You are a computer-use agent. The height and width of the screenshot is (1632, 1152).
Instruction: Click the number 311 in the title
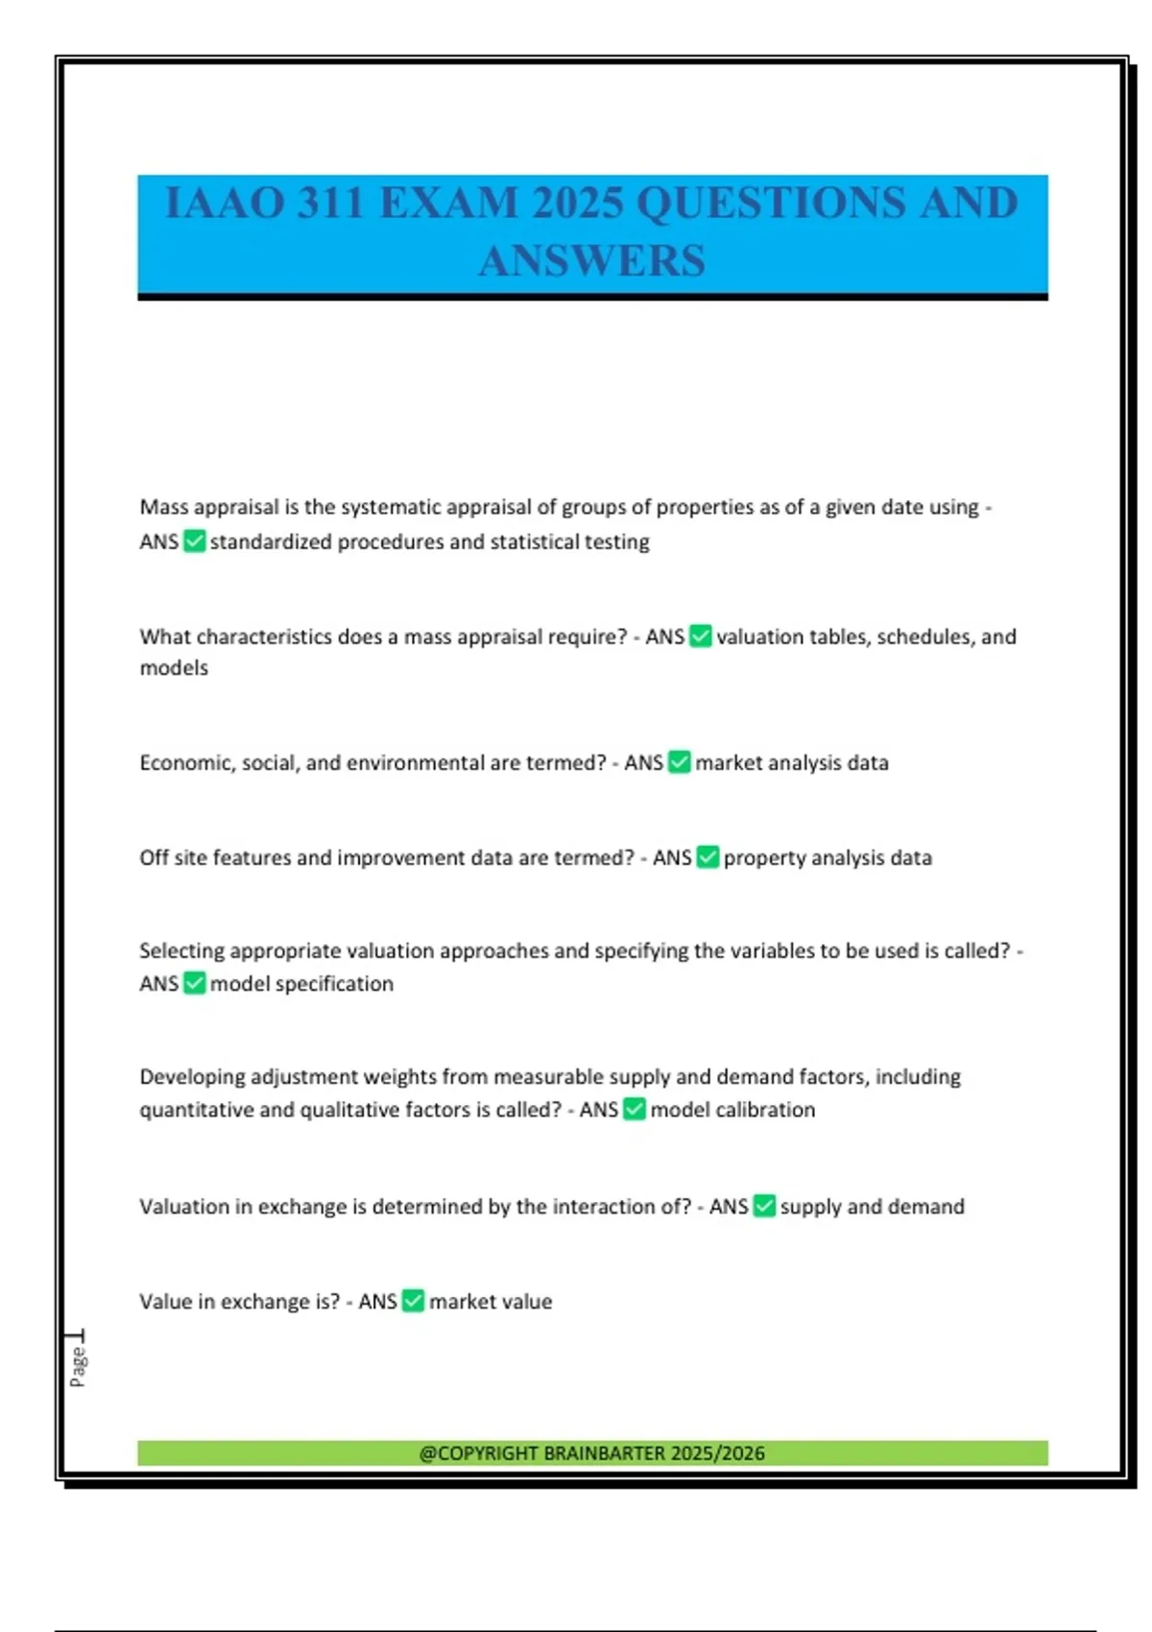(329, 204)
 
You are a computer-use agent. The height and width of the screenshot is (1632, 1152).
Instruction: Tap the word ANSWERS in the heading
(591, 260)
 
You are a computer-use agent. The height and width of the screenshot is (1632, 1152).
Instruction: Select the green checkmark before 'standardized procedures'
(194, 541)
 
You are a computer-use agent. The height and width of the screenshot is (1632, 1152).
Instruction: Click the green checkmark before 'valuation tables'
(701, 636)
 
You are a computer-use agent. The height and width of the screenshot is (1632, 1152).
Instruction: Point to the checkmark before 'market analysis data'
(679, 762)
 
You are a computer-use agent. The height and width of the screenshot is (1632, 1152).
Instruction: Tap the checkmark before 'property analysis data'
(708, 857)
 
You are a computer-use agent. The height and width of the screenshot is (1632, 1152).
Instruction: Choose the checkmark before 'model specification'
(194, 983)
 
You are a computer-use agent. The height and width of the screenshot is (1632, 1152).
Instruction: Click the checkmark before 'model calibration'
(634, 1109)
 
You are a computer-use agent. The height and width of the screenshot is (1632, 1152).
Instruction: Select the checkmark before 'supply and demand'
(764, 1206)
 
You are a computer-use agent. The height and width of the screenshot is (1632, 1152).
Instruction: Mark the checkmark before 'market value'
(413, 1301)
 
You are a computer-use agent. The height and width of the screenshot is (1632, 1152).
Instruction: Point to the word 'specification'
(334, 983)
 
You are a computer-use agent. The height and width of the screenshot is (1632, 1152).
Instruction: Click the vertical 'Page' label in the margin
(78, 1366)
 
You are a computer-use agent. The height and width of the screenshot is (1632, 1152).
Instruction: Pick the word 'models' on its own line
(174, 667)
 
